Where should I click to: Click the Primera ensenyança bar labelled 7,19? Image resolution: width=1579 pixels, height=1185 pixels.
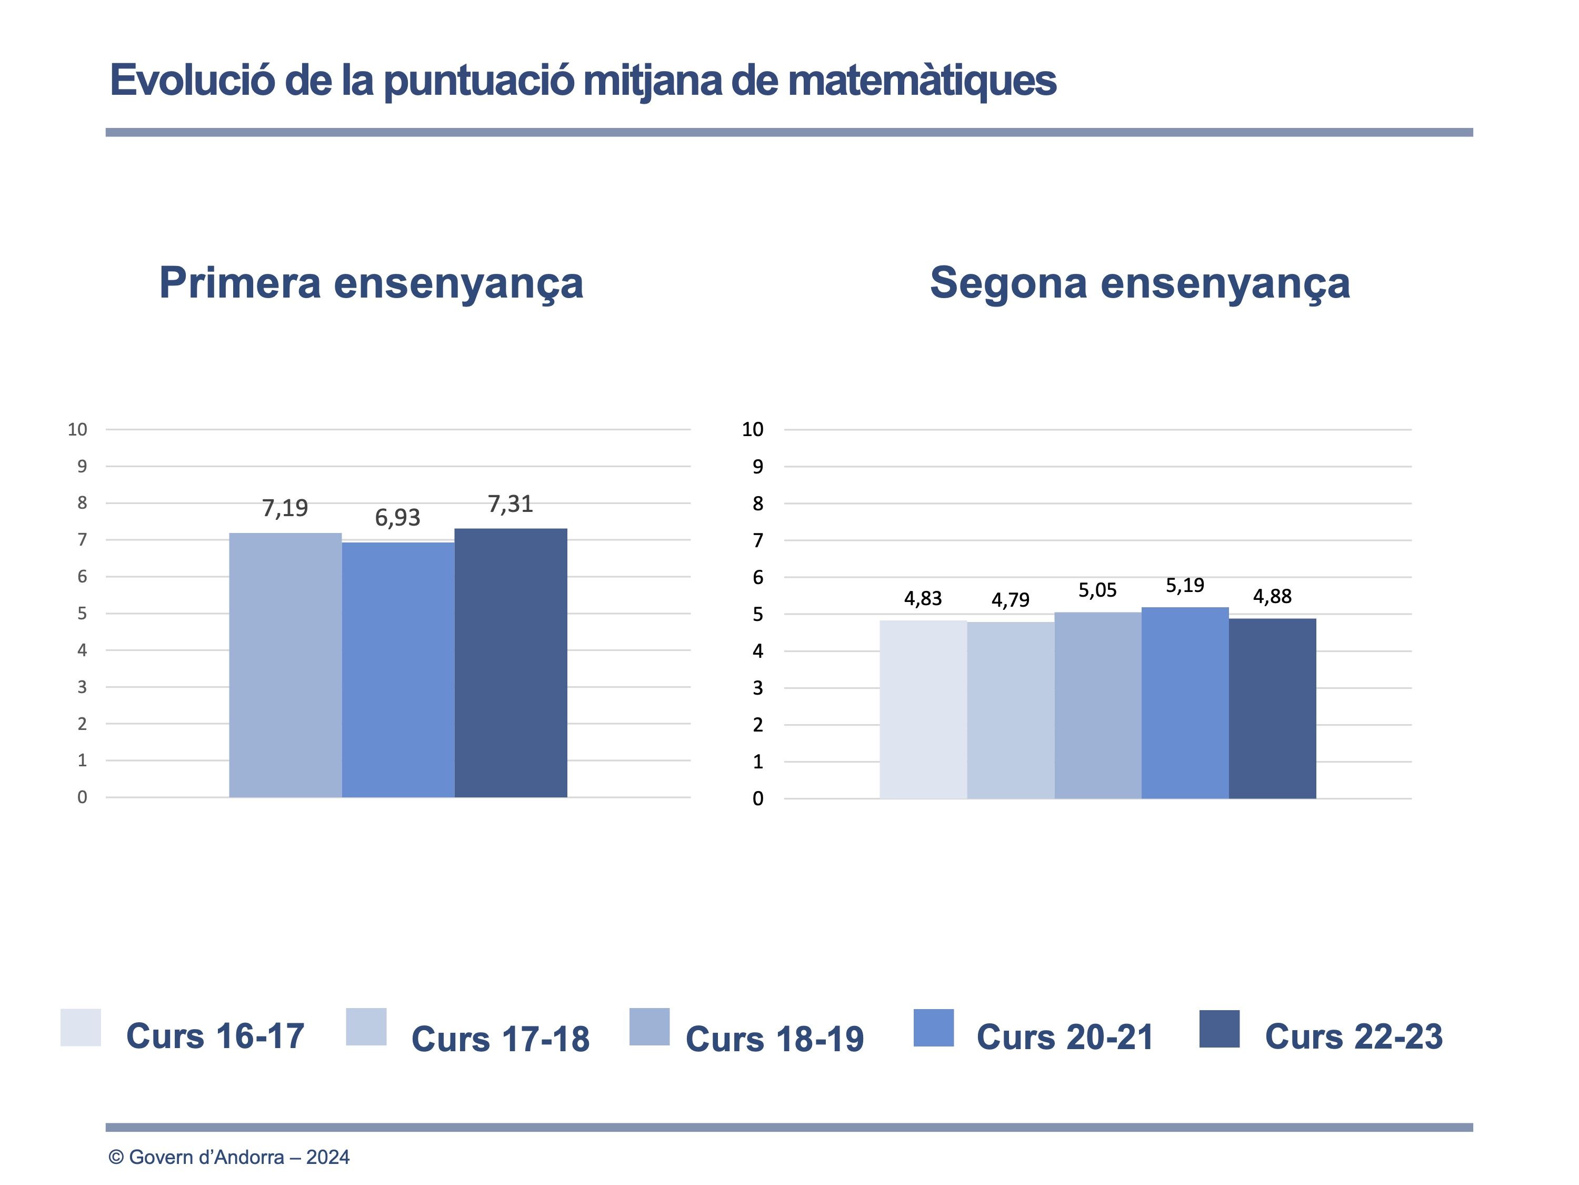tap(285, 664)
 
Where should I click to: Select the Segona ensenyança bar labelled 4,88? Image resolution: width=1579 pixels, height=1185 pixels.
tap(1272, 708)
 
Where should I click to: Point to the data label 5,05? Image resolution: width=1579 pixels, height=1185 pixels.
tap(1097, 590)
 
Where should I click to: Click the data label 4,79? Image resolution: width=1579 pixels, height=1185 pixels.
tap(1010, 600)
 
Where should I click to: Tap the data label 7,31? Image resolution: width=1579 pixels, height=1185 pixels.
tap(511, 505)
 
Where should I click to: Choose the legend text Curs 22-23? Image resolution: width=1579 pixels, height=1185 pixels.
tap(1353, 1036)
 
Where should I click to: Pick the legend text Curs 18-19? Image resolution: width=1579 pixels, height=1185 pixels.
tap(775, 1039)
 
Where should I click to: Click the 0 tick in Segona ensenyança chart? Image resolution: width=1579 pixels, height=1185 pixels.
tap(757, 798)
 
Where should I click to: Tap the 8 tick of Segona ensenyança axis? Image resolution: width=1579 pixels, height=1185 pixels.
tap(757, 503)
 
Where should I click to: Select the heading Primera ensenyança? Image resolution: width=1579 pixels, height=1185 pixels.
tap(371, 283)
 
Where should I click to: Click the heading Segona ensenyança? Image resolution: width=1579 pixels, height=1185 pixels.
tap(1140, 283)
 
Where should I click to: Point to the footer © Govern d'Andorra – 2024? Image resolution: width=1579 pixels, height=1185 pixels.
tap(229, 1157)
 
